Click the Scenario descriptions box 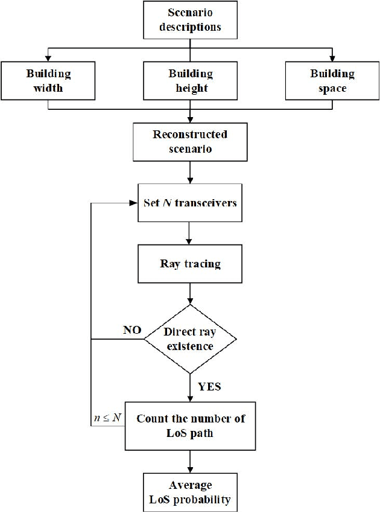tap(190, 20)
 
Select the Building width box tap(48, 81)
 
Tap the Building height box tap(190, 81)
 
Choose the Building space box tap(332, 81)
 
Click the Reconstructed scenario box tap(190, 141)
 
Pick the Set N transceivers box tap(190, 202)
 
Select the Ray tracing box tap(190, 264)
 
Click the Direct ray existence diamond tap(190, 339)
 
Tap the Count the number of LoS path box tap(190, 425)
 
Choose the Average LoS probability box tap(190, 492)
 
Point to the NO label tap(132, 330)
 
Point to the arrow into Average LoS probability tap(190, 462)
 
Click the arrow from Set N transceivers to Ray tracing tap(190, 233)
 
